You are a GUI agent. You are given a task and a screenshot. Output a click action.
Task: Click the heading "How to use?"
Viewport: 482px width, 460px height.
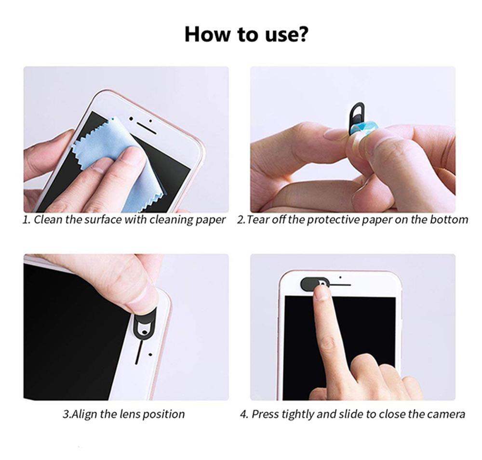coord(246,34)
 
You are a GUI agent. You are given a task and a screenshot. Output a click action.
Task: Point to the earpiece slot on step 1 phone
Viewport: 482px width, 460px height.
coord(147,128)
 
